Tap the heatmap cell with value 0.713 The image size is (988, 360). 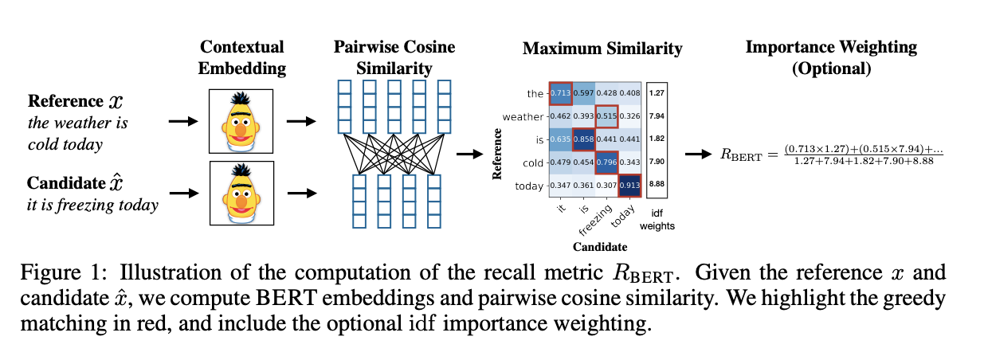[x=559, y=93]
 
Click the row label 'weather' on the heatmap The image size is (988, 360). [x=523, y=117]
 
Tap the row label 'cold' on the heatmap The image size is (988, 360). [x=532, y=163]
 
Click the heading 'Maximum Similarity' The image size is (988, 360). [x=602, y=49]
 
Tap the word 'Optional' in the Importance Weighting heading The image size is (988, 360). [x=831, y=68]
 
